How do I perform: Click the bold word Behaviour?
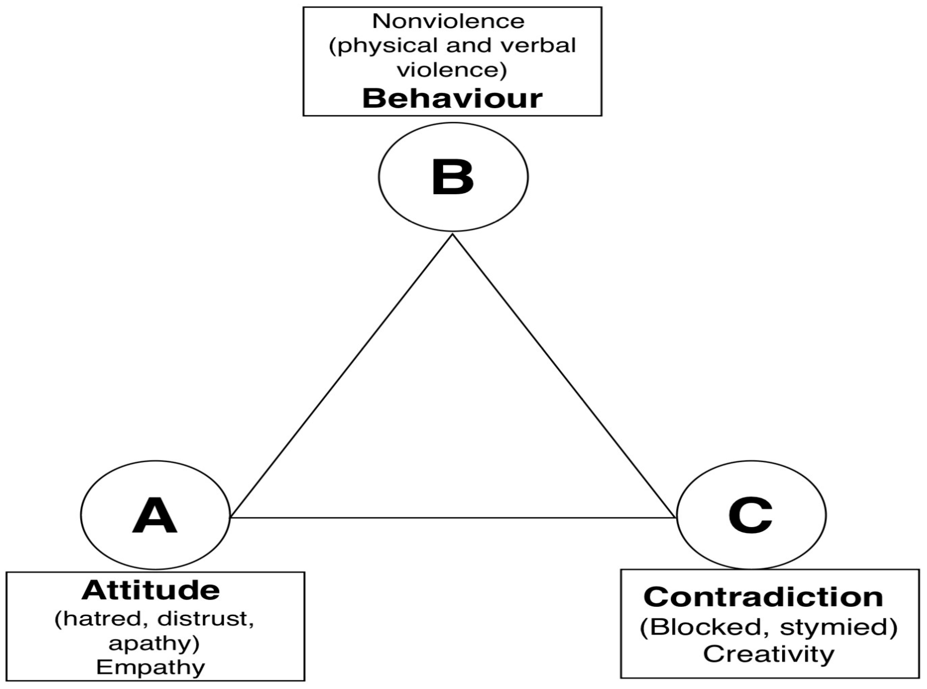(452, 99)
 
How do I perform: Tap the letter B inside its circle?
(453, 177)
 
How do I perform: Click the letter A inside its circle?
(155, 515)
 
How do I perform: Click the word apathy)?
(154, 644)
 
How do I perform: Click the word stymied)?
(838, 627)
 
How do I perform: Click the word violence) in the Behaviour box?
(452, 69)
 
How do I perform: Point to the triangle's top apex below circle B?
(453, 236)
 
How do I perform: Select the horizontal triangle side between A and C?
(453, 518)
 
